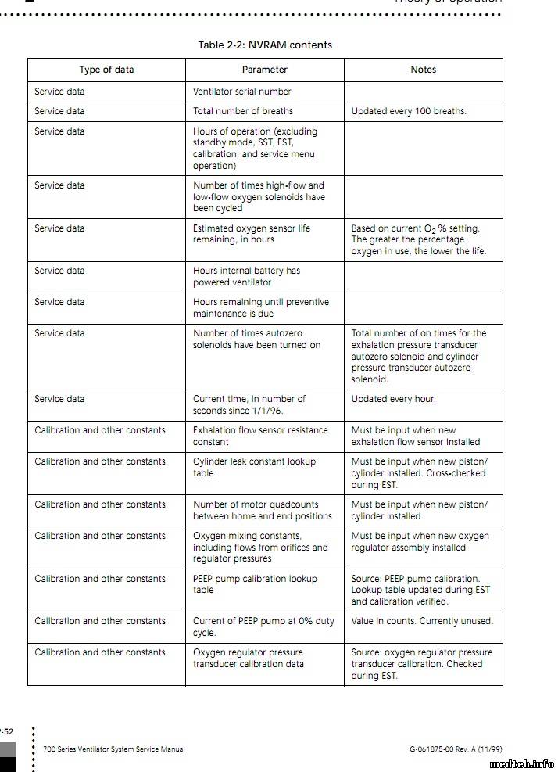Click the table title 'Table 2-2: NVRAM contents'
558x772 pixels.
[265, 45]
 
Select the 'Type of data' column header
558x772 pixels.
[106, 70]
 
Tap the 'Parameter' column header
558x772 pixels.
[264, 70]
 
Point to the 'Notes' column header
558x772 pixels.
[423, 70]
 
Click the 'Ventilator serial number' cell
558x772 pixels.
[242, 92]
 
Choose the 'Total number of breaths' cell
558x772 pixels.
[243, 111]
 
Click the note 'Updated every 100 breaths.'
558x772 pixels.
[409, 111]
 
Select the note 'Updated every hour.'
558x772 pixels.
[393, 399]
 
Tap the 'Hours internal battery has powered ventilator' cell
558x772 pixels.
[246, 276]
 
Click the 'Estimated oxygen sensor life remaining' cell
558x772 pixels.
[252, 234]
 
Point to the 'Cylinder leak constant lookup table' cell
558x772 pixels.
[254, 467]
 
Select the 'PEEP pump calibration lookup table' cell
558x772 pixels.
[255, 584]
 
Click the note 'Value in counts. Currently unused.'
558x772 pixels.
[422, 621]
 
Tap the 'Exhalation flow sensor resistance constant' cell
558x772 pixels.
[260, 436]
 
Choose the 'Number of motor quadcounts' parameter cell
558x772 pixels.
[262, 510]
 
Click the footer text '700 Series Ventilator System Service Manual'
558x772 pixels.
[114, 749]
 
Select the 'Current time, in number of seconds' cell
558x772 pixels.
[249, 404]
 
